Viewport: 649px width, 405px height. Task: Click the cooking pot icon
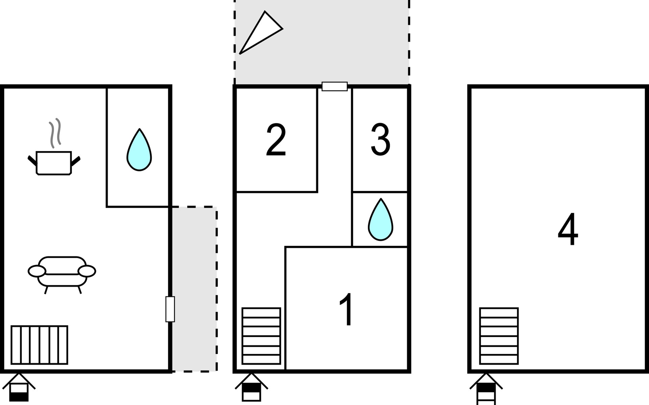54,163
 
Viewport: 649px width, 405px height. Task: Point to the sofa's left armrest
37,271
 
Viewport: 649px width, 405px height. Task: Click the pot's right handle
76,161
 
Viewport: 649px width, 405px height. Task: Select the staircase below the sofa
39,345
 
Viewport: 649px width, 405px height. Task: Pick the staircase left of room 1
261,336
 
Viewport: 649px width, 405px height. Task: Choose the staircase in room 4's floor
499,336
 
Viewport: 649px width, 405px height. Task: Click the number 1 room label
346,309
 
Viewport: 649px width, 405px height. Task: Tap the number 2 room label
276,140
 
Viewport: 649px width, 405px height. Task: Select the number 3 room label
381,140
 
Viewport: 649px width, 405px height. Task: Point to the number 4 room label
568,229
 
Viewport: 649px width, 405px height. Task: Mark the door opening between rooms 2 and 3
335,86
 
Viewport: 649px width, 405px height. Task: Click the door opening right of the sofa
170,309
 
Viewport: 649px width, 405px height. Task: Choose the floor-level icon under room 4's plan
486,388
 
